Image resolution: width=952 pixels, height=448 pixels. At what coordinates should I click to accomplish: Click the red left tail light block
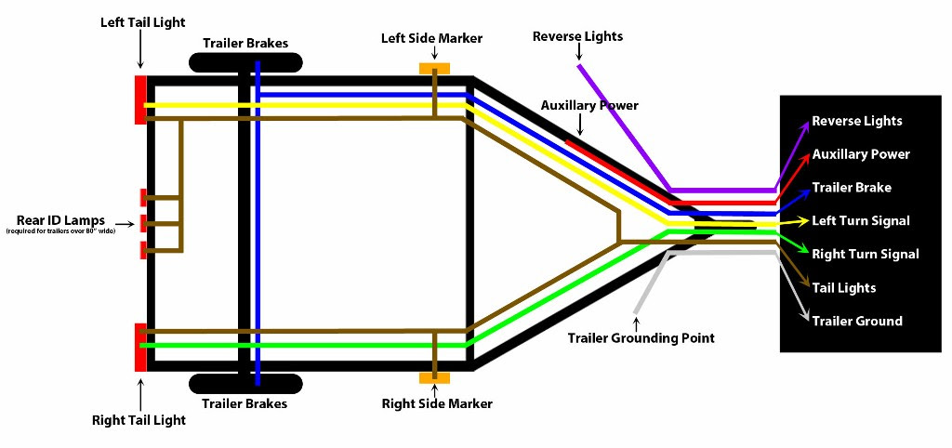pyautogui.click(x=140, y=99)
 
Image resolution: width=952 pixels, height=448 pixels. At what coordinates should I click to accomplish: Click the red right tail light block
pyautogui.click(x=140, y=347)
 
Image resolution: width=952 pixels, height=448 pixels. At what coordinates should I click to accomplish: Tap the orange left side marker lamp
pyautogui.click(x=434, y=69)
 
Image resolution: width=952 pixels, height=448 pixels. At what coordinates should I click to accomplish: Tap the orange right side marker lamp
pyautogui.click(x=434, y=378)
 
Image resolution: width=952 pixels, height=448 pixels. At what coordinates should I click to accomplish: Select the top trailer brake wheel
pyautogui.click(x=245, y=63)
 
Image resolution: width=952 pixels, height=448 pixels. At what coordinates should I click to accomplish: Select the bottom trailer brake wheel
pyautogui.click(x=245, y=383)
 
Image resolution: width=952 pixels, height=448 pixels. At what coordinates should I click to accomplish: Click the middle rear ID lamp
pyautogui.click(x=143, y=223)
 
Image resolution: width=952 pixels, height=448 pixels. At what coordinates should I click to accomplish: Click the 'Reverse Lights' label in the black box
pyautogui.click(x=856, y=121)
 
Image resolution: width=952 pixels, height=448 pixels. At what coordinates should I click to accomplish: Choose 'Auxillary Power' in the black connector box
pyautogui.click(x=860, y=154)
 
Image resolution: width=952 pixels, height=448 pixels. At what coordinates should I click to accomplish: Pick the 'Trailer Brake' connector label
pyautogui.click(x=852, y=188)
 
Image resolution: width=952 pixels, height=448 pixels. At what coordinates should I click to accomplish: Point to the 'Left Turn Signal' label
pyautogui.click(x=860, y=221)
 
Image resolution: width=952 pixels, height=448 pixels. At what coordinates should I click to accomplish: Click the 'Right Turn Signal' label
pyautogui.click(x=865, y=254)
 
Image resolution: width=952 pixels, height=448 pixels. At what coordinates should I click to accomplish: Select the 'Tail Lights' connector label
pyautogui.click(x=843, y=288)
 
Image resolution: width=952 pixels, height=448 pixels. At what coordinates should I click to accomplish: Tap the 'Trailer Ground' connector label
pyautogui.click(x=856, y=322)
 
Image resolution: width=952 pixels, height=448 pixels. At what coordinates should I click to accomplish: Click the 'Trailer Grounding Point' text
pyautogui.click(x=641, y=338)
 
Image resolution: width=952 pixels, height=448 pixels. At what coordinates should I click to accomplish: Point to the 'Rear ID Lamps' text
pyautogui.click(x=60, y=220)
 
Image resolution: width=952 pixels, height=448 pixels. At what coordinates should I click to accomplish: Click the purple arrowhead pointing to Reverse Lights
pyautogui.click(x=804, y=124)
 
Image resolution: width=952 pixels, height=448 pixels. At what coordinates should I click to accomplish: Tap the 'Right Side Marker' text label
pyautogui.click(x=437, y=404)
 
